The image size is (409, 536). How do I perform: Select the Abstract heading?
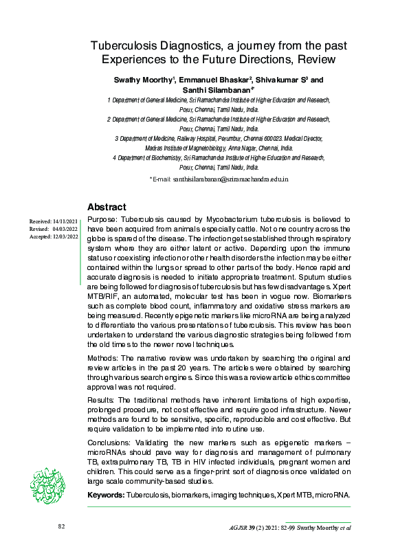click(x=107, y=207)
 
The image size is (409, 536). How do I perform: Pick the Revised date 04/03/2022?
click(x=65, y=229)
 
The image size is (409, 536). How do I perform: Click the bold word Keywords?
click(x=106, y=494)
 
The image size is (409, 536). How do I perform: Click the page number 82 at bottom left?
click(x=61, y=526)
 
